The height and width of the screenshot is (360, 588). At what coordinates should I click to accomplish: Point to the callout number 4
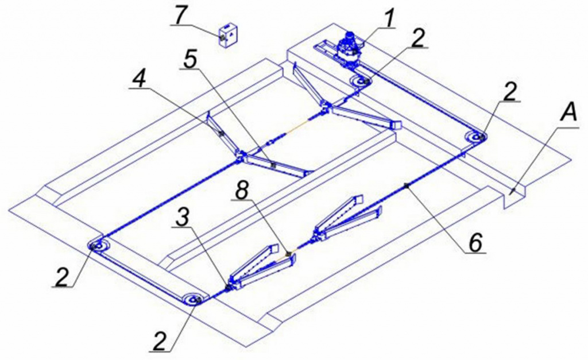coord(140,78)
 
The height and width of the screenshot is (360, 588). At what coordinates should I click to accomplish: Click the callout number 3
coord(182,218)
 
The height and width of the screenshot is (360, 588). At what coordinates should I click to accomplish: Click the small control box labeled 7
coord(227,35)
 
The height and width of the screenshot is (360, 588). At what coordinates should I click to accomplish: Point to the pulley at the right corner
coord(476,138)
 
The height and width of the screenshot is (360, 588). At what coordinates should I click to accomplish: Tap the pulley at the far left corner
coord(99,246)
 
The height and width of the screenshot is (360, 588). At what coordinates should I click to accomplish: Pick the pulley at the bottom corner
coord(194,300)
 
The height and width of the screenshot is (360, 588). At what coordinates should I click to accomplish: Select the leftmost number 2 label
coord(63,276)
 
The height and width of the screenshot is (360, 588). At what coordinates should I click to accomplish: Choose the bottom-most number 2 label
coord(160,341)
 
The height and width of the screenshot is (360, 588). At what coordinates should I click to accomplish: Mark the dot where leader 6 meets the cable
coord(406,185)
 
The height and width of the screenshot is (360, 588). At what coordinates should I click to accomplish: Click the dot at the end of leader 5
coord(273,164)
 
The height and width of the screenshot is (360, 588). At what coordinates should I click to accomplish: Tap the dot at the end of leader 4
coord(221,134)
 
